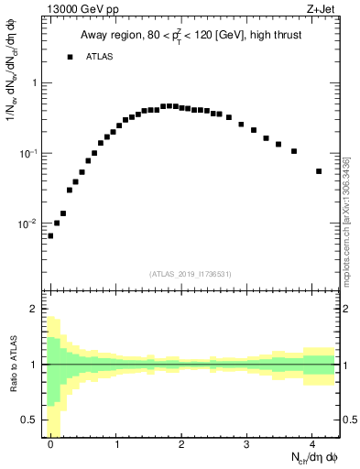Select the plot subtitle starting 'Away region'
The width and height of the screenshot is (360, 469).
click(x=192, y=35)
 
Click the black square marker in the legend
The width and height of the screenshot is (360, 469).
click(x=70, y=57)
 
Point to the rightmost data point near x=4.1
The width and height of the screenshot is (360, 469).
click(x=319, y=171)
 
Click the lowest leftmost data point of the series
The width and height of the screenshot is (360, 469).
click(x=50, y=235)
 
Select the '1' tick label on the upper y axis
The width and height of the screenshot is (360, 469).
click(x=35, y=83)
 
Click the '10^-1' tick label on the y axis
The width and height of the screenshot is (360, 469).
click(x=28, y=153)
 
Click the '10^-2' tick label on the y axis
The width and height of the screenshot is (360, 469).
click(x=28, y=224)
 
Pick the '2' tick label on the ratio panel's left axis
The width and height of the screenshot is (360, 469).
click(x=35, y=310)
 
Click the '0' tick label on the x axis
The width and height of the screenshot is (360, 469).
click(x=51, y=442)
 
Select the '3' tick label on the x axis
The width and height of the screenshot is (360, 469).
click(x=247, y=442)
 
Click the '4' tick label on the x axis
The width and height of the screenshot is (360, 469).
click(x=312, y=442)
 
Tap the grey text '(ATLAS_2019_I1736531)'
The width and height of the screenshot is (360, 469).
click(x=192, y=274)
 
